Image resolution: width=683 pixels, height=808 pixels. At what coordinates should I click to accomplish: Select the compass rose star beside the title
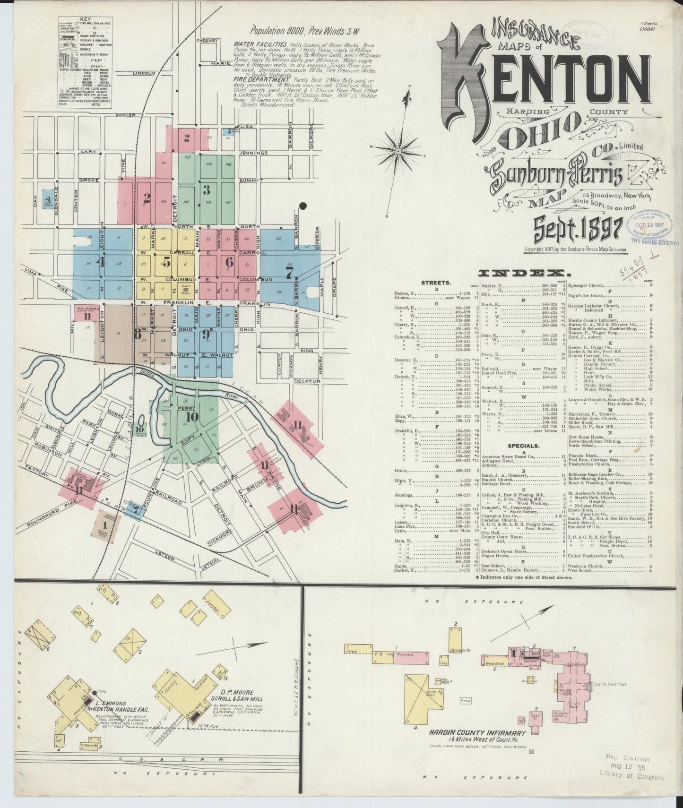coord(398,151)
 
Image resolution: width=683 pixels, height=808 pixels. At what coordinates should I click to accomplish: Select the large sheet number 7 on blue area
coord(289,272)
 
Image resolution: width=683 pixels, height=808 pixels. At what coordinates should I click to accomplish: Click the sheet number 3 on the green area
coord(206,190)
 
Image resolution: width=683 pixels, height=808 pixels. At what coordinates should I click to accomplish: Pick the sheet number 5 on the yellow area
coord(166,261)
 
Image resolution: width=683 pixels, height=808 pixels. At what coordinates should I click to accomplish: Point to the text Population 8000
coord(278,31)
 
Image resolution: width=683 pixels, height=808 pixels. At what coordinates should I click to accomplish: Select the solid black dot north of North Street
coord(303,206)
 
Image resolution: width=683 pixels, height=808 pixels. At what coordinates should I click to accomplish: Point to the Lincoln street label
coord(144,73)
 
